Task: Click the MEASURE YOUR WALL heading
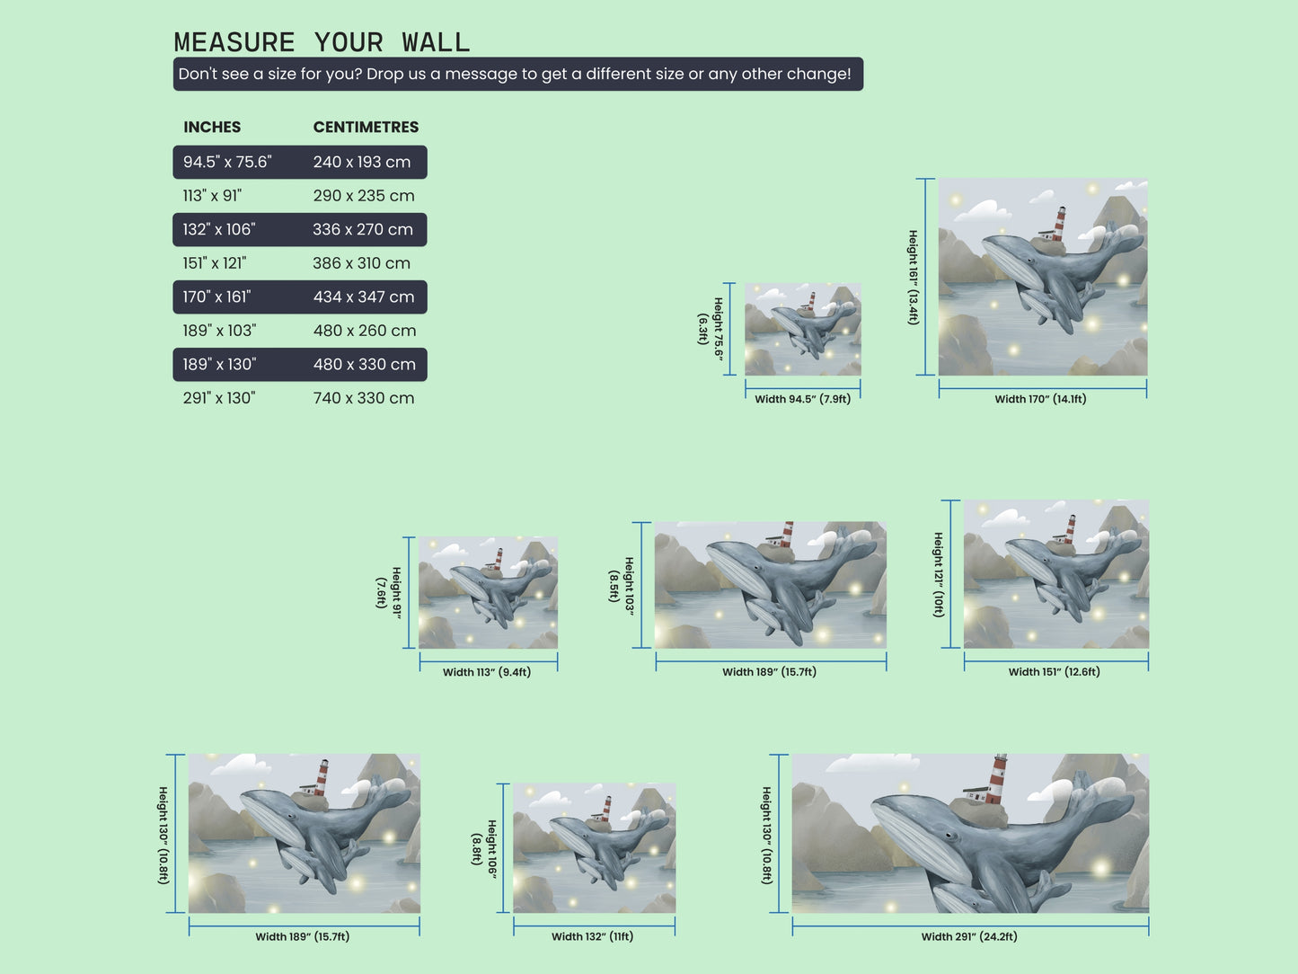coord(322,42)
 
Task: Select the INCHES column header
coord(212,128)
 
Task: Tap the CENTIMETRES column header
coord(366,128)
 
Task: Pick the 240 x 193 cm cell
coord(362,162)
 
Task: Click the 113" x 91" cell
coord(212,196)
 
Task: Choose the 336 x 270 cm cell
coord(363,229)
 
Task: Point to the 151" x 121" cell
coord(215,263)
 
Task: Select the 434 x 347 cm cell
coord(364,297)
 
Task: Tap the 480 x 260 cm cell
coord(365,331)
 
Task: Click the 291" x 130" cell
coord(219,398)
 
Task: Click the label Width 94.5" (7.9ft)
coord(802,399)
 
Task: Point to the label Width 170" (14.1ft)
coord(1040,399)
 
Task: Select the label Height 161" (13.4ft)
coord(913,278)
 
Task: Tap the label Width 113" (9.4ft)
coord(487,672)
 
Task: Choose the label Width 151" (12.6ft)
coord(1054,672)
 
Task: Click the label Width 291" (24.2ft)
coord(969,937)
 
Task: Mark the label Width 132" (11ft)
coord(592,937)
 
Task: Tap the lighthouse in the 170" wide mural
coord(1060,223)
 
